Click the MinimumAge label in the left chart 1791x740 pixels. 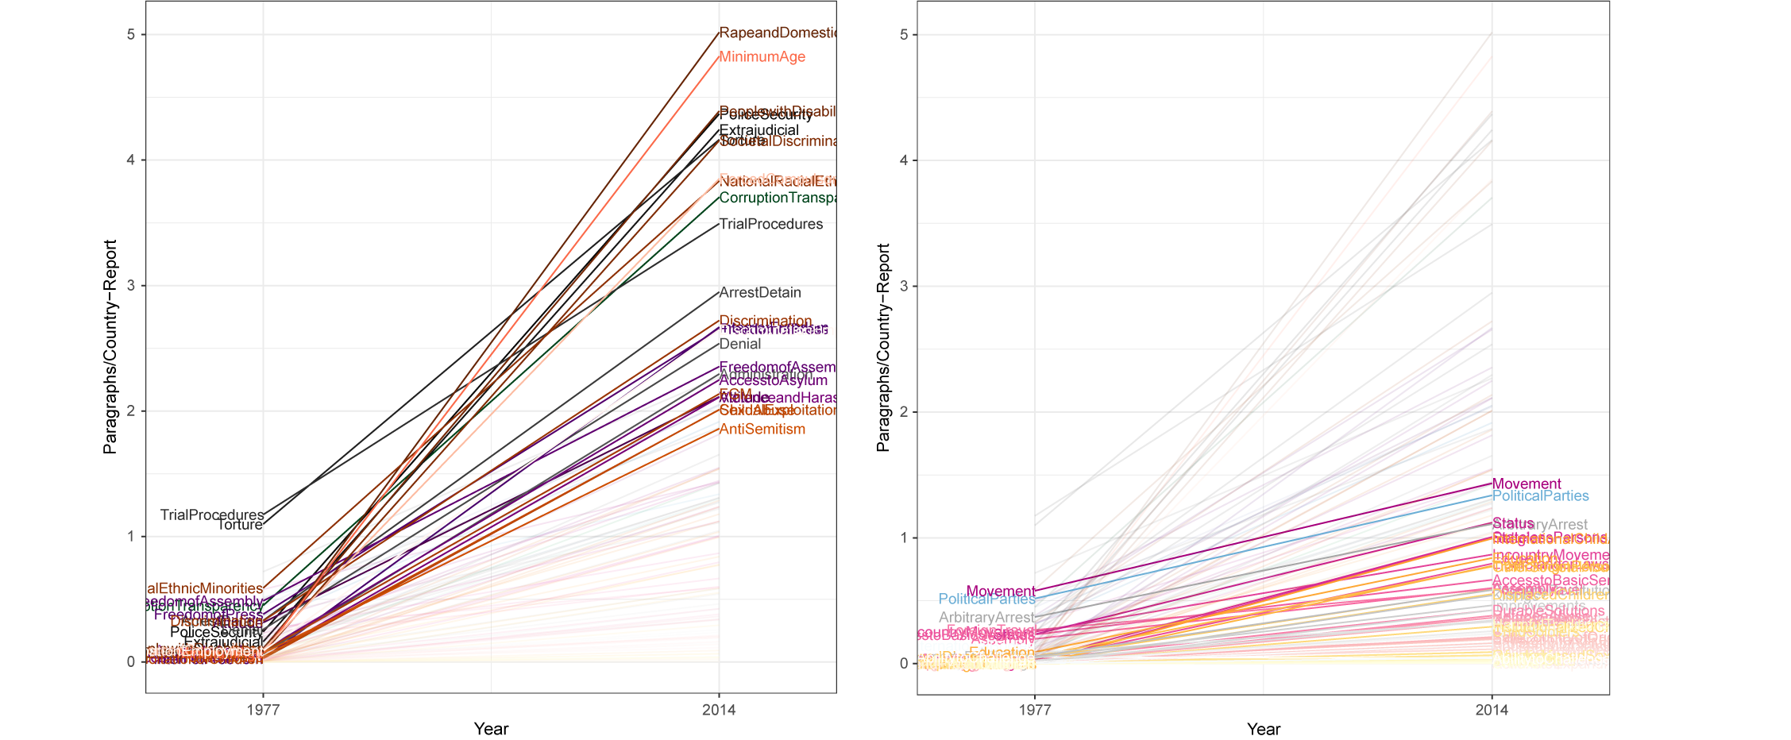pos(762,57)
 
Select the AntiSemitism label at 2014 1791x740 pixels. pos(762,430)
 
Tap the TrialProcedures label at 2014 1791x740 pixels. pos(770,225)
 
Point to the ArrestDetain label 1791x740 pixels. pos(760,293)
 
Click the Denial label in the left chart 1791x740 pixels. pos(739,345)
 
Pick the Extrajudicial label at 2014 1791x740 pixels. pos(758,130)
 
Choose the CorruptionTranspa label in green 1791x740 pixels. pos(777,198)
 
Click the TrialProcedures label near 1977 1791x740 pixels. pos(211,515)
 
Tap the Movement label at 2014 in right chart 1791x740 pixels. pos(1526,484)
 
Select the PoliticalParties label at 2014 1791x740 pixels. pos(1540,496)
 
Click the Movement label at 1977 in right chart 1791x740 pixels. pos(1001,592)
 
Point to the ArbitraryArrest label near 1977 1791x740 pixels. pos(986,618)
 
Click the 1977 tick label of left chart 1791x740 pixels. pos(263,710)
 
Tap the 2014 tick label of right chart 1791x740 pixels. pos(1492,710)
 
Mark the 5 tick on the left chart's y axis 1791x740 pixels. pos(132,35)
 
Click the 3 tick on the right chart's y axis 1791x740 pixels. pos(904,286)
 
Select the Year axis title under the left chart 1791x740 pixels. pos(491,729)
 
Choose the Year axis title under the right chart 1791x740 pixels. pos(1263,729)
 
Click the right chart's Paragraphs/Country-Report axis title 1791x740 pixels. pos(883,348)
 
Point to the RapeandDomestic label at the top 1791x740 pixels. pos(777,33)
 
